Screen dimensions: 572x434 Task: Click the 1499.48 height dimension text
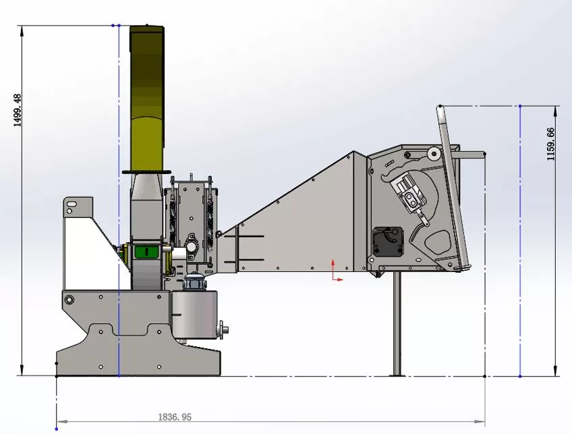coord(18,110)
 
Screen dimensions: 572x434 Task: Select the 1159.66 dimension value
coord(550,144)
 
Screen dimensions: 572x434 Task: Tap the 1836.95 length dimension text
coord(175,417)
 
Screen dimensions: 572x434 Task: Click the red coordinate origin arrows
coord(337,271)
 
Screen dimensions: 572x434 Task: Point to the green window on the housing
coord(146,252)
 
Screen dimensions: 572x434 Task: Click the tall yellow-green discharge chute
coord(147,98)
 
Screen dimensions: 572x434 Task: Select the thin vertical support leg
coord(397,323)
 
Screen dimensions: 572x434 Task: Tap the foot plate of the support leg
coord(397,375)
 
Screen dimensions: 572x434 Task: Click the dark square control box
coord(387,242)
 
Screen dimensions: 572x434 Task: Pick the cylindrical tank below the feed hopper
coord(194,315)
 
